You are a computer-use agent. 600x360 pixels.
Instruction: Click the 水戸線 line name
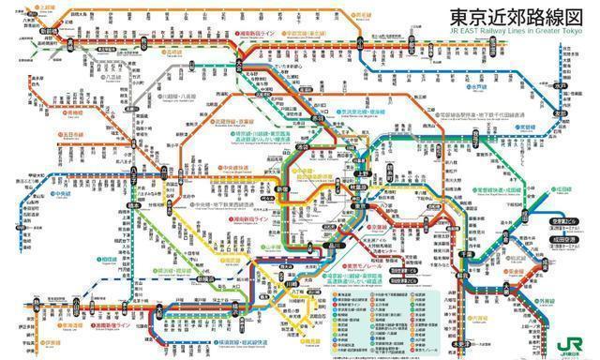click(479, 86)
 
